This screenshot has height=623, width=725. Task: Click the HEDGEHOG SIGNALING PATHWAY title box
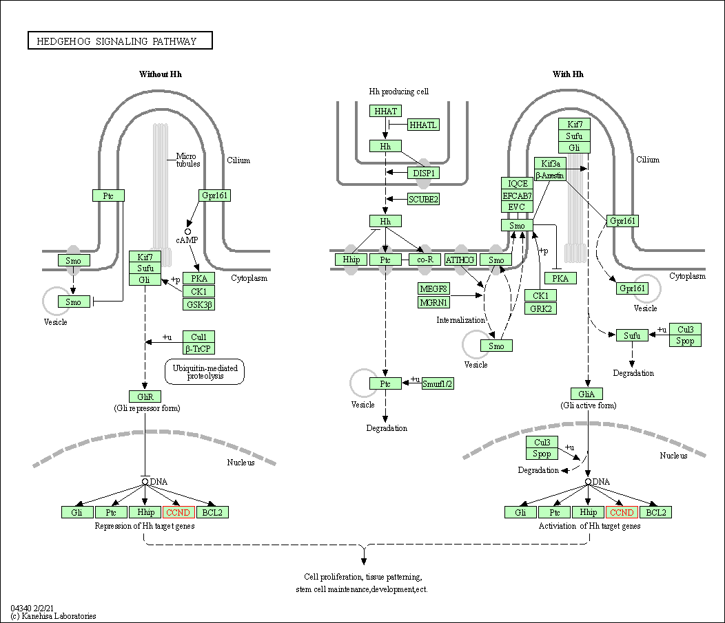click(x=120, y=41)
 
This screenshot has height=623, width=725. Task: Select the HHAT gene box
click(x=385, y=111)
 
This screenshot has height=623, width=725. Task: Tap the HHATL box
click(x=423, y=125)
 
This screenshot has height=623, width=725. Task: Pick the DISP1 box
click(x=423, y=173)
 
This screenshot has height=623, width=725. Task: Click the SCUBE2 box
click(x=423, y=199)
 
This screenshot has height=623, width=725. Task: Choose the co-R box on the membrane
click(x=425, y=260)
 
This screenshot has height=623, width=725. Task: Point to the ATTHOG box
click(x=460, y=260)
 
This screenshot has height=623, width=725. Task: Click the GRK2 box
click(x=540, y=308)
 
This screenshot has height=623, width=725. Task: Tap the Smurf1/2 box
click(x=438, y=383)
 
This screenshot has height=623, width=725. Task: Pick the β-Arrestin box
click(x=550, y=176)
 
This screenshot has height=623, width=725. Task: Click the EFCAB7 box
click(x=518, y=196)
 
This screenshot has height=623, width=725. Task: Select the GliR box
click(x=145, y=396)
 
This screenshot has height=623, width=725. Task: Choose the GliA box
click(x=587, y=394)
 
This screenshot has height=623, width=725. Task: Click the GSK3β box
click(x=198, y=304)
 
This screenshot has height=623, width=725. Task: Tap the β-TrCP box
click(x=198, y=349)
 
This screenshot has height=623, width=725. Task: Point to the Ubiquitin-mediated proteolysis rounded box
click(x=205, y=372)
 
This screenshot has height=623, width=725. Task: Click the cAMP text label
click(x=187, y=240)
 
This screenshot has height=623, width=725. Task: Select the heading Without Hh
click(x=161, y=74)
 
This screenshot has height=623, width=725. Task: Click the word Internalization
click(x=460, y=320)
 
